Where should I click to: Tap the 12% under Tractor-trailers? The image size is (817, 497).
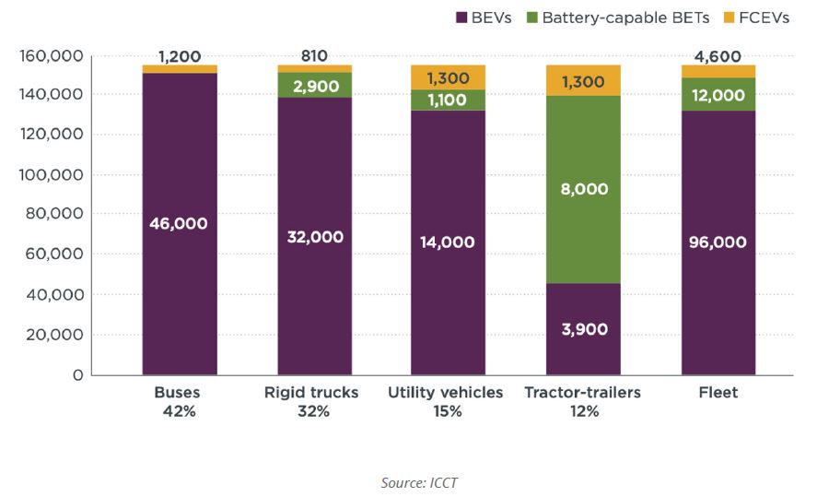[x=584, y=411]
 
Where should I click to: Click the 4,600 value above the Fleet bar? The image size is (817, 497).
[x=718, y=56]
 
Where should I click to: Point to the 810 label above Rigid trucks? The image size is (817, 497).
[x=314, y=56]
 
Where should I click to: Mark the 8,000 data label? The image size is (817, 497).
[x=584, y=188]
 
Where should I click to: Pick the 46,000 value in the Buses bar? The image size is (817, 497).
[x=180, y=223]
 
